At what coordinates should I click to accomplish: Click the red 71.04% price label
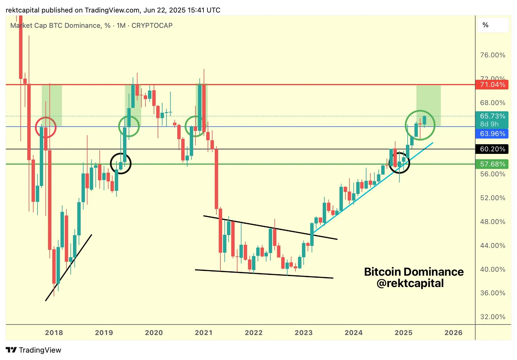(x=492, y=85)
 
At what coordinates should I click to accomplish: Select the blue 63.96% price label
(x=492, y=134)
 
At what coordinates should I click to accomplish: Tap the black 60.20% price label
(x=492, y=149)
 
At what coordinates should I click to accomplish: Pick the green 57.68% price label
(x=492, y=164)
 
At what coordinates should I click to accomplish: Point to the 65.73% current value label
(x=492, y=116)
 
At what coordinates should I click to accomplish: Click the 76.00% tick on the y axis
(x=493, y=55)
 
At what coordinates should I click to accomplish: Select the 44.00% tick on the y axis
(x=493, y=246)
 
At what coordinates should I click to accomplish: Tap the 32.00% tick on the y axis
(x=493, y=317)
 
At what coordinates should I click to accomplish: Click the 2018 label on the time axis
(x=54, y=333)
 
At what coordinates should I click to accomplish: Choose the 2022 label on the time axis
(x=254, y=333)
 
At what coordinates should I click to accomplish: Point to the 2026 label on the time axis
(x=453, y=333)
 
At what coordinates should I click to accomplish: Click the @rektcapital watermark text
(x=410, y=283)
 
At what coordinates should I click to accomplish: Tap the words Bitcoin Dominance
(x=414, y=272)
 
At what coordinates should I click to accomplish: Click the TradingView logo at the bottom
(x=34, y=350)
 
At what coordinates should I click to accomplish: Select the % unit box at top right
(x=493, y=25)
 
